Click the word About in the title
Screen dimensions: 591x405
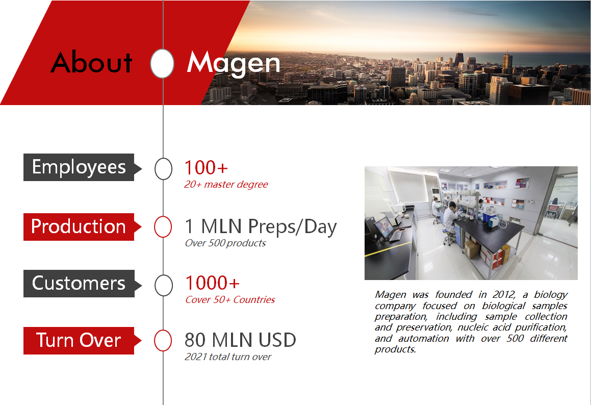[92, 62]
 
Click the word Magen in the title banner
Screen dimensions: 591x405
[234, 63]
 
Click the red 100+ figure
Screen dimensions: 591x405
[206, 167]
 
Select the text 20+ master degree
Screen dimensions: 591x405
[226, 185]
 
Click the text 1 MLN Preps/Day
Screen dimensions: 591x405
[261, 227]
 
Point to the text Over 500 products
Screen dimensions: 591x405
[225, 243]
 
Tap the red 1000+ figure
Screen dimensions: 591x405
[212, 283]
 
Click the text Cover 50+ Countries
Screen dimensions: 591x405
[230, 300]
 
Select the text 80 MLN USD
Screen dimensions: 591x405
[240, 340]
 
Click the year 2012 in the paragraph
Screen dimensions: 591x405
[504, 294]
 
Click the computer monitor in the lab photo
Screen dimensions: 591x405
[383, 227]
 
